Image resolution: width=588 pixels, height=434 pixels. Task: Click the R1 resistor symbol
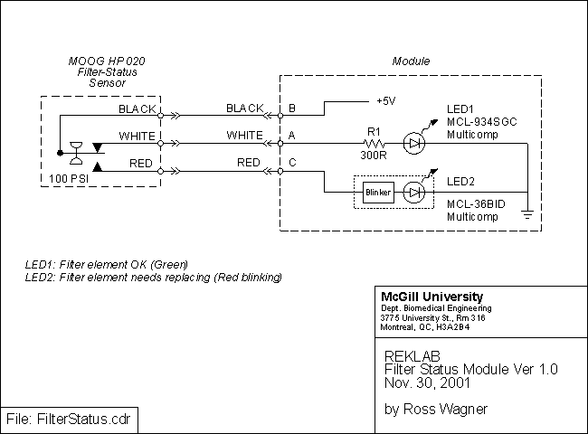tap(373, 142)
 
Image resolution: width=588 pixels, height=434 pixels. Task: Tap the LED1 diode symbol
tap(413, 142)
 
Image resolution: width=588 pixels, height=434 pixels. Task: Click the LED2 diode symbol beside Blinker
tap(413, 193)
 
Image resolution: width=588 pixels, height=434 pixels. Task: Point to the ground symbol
tap(526, 215)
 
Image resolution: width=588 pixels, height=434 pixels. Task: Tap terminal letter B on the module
tap(290, 108)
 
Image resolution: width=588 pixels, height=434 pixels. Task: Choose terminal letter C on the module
tap(290, 163)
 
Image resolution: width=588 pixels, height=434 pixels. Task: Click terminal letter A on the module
tap(290, 136)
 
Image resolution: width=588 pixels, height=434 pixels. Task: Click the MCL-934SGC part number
tap(481, 122)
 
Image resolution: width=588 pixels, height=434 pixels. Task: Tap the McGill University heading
tap(432, 297)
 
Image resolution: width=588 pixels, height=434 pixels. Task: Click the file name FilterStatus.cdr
tap(69, 420)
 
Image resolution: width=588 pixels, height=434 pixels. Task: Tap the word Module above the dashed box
tap(411, 61)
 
